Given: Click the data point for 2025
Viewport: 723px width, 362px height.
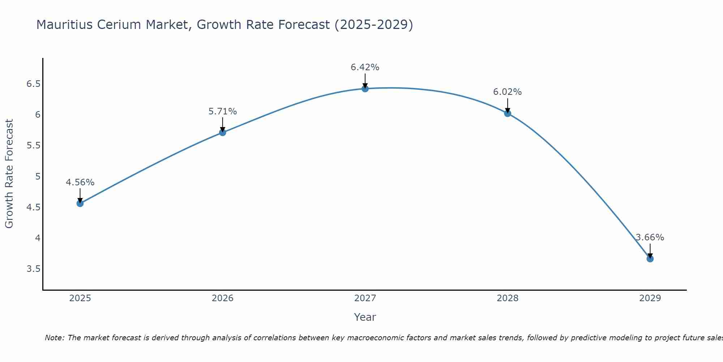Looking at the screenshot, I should (80, 203).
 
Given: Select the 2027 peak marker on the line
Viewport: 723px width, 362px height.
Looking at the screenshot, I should (365, 89).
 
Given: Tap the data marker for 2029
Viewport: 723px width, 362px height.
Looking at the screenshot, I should (650, 259).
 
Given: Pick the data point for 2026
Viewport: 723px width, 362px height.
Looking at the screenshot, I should (223, 132).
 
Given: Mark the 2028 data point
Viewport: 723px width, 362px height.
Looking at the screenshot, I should (508, 113).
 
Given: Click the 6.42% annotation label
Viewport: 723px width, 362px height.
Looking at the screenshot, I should (365, 67).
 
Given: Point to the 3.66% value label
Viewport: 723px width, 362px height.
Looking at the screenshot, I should (650, 237).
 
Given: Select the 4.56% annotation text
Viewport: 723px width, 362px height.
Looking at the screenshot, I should (80, 182).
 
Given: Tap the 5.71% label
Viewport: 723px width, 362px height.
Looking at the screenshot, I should (223, 111).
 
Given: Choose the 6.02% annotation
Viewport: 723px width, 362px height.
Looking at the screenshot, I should (508, 92).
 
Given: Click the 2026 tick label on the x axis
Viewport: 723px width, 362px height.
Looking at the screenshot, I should (223, 298).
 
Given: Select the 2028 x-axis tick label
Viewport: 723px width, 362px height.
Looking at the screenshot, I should (508, 298).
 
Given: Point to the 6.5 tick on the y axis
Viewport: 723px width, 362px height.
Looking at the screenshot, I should (33, 84).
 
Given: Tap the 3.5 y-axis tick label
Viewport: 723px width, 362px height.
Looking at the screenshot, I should (33, 269).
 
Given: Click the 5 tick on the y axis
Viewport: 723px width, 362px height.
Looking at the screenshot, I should (38, 177).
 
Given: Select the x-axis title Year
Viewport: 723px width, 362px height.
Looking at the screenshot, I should (365, 317).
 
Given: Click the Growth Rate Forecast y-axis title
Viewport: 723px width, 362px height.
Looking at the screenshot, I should (9, 173).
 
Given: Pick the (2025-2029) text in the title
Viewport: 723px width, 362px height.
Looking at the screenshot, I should (374, 25).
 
